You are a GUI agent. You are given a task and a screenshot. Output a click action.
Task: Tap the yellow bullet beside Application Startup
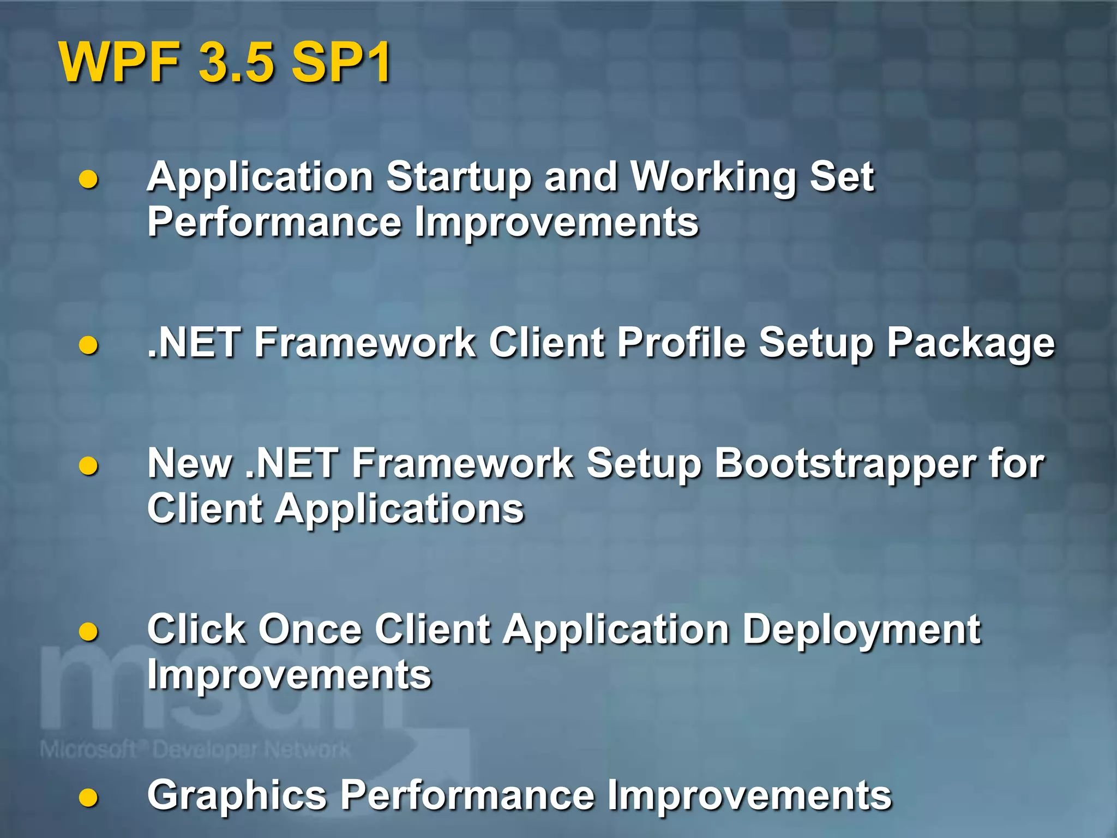pos(88,179)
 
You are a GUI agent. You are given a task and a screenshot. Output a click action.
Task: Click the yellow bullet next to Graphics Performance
pos(88,798)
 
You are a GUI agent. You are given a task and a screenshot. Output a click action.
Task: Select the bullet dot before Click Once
pos(88,632)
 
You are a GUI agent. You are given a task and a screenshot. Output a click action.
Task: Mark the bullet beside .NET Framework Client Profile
pos(88,345)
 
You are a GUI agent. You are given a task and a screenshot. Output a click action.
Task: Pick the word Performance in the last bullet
pos(467,796)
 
